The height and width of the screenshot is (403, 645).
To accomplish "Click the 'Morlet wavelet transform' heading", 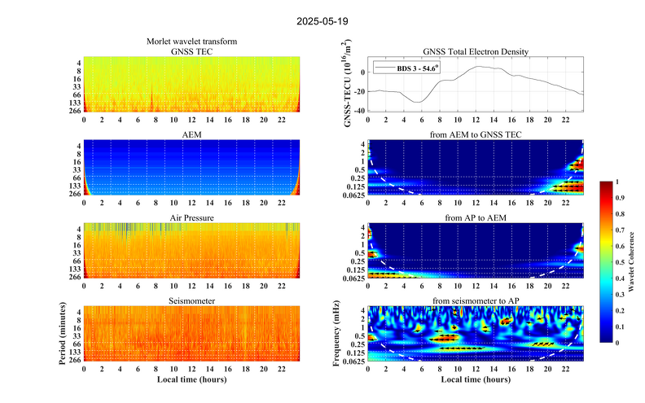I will [192, 42].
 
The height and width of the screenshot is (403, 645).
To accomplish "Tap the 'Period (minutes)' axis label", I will [62, 335].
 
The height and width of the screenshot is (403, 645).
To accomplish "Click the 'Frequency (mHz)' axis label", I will [336, 335].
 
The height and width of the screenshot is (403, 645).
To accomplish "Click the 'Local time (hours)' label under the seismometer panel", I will [192, 379].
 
